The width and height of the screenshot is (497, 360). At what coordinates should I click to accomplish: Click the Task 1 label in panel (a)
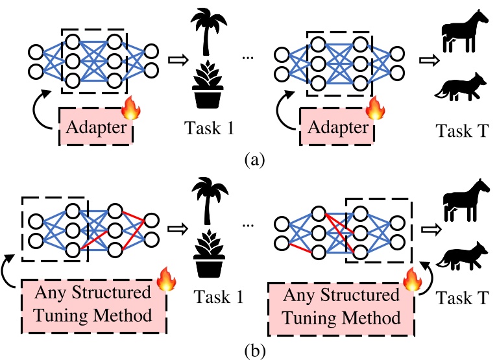(208, 127)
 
